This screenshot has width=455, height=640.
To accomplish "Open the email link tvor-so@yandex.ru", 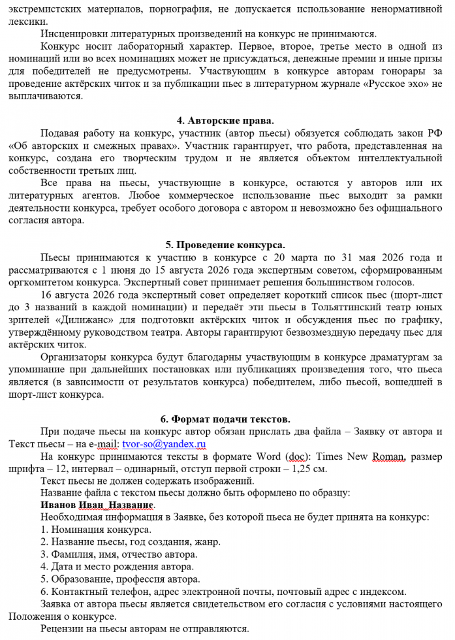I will (x=164, y=444).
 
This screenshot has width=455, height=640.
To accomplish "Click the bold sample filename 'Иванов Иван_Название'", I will (x=97, y=505).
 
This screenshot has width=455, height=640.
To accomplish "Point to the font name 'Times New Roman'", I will (x=364, y=456).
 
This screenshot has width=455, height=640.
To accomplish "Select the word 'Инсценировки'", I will (x=72, y=34).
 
